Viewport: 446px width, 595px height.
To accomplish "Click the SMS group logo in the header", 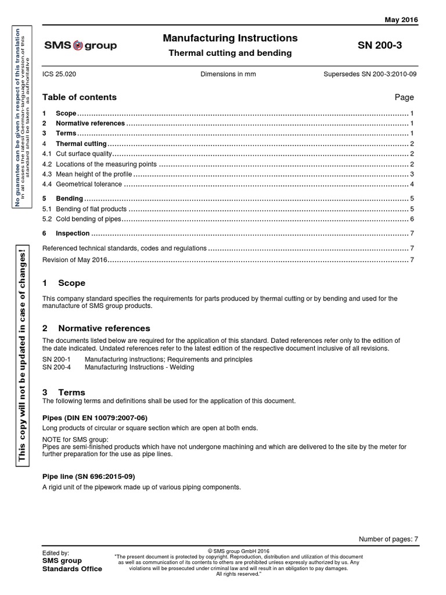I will [80, 45].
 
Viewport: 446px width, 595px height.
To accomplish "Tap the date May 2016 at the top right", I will [401, 20].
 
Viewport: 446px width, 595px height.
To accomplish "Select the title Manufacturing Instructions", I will [230, 38].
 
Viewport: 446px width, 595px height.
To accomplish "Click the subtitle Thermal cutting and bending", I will [230, 53].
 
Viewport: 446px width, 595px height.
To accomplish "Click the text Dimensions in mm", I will [228, 75].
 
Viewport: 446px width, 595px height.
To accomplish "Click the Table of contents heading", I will [80, 97].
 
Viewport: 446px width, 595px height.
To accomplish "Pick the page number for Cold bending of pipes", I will [411, 219].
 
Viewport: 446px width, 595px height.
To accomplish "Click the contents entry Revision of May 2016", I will [75, 259].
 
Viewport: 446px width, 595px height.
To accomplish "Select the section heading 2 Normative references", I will [96, 328].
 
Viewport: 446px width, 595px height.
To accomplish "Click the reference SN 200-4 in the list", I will [56, 367].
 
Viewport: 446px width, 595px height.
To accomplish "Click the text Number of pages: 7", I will [388, 539].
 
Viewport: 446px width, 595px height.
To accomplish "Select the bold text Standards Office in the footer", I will [73, 569].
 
